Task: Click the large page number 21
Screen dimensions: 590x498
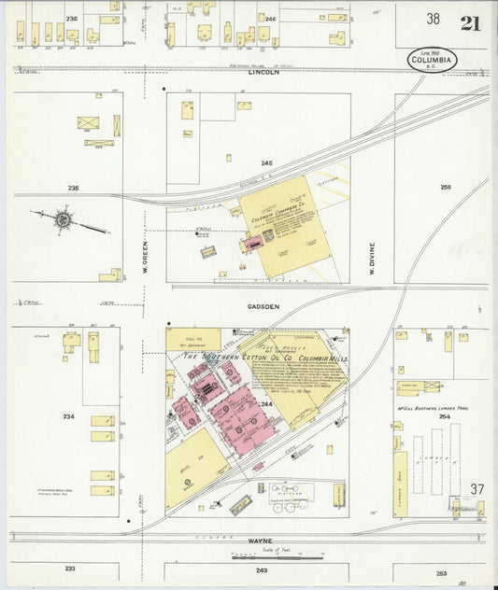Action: coord(470,22)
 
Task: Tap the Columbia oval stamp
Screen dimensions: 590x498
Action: coord(433,60)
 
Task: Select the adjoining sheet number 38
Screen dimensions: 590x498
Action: coord(434,20)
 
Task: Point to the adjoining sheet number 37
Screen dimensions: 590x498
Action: coord(477,489)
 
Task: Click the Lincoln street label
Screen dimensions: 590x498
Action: coord(263,73)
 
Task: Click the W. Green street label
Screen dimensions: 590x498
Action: coord(145,251)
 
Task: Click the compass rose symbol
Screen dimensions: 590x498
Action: coord(64,220)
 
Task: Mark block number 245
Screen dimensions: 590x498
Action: coord(266,162)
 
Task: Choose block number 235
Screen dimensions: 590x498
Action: coord(73,188)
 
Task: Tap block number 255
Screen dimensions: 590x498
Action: coord(446,187)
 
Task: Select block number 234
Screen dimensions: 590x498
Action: coord(68,416)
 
